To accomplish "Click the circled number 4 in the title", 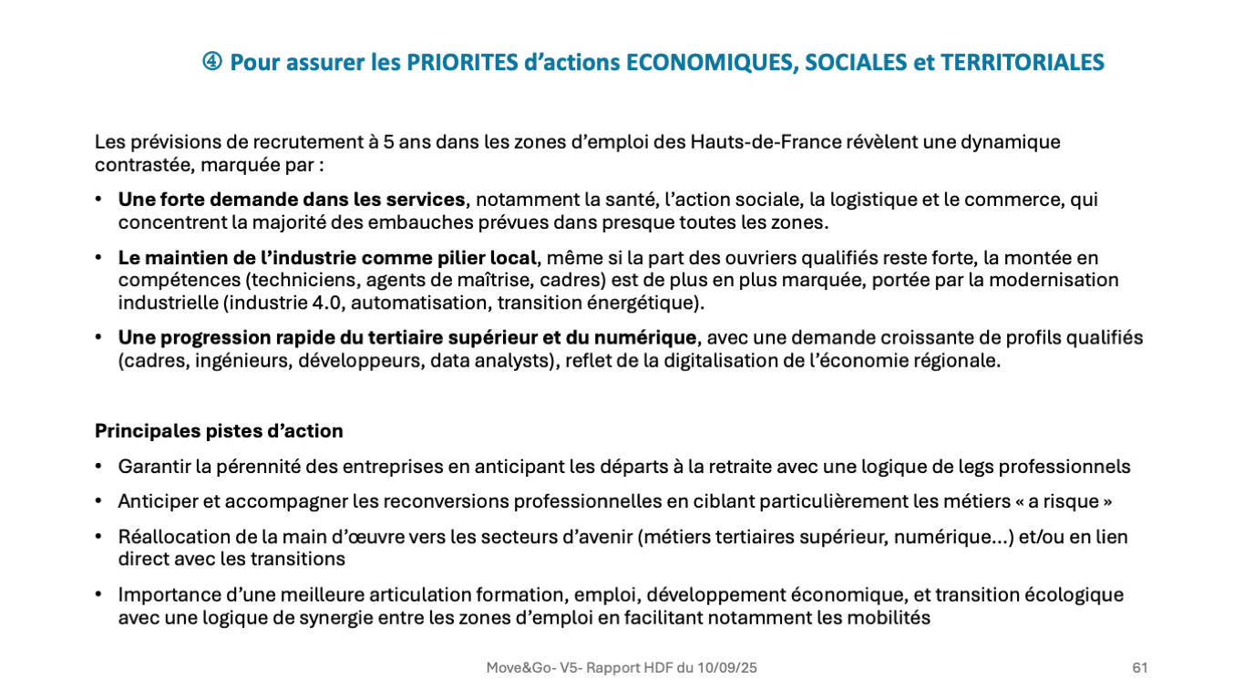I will (x=212, y=62).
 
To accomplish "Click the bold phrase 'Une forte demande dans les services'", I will (x=292, y=200).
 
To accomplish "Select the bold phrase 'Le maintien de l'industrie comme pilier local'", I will (x=327, y=258).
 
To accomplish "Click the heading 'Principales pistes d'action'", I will (x=219, y=431).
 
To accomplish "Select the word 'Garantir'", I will (x=152, y=467).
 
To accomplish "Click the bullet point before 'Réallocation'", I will (x=98, y=537).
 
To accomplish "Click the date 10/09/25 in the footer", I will (x=726, y=668).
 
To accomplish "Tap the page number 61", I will (x=1139, y=668).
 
